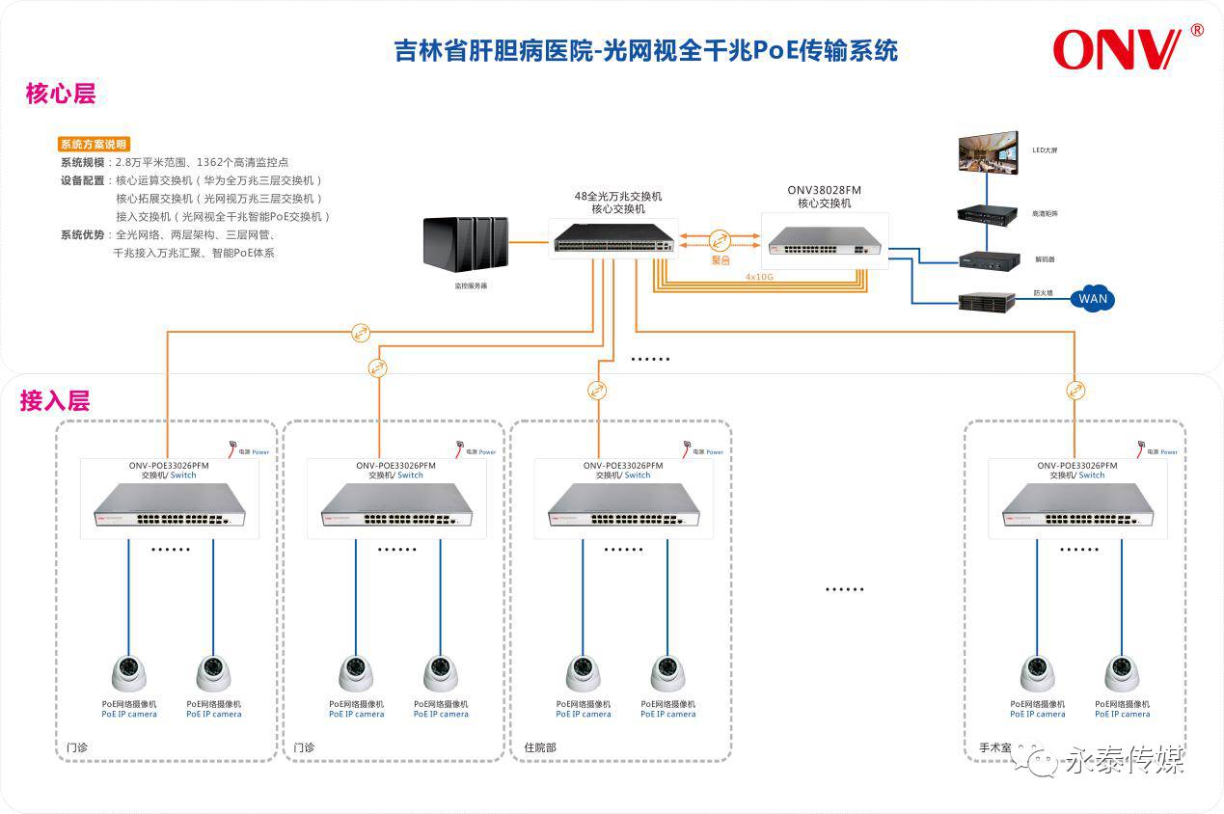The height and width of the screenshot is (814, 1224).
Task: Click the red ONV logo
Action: (1117, 49)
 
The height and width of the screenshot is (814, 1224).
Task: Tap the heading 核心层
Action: (61, 95)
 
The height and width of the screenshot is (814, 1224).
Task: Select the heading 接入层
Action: (55, 401)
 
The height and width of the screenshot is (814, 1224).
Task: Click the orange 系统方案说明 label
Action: (94, 145)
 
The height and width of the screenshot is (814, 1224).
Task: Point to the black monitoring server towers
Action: (465, 243)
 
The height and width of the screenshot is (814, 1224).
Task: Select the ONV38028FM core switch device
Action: (824, 240)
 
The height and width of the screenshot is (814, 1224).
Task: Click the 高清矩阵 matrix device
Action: (988, 214)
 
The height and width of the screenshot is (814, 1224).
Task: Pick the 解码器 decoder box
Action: (988, 259)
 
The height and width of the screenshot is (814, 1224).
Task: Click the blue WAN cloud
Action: (1093, 298)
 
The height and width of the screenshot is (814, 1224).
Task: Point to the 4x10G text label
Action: (759, 277)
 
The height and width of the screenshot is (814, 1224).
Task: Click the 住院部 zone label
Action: (540, 747)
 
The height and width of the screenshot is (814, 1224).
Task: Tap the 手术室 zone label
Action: (994, 747)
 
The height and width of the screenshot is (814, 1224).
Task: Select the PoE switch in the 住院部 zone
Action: (616, 504)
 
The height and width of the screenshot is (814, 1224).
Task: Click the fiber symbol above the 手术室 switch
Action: (1075, 391)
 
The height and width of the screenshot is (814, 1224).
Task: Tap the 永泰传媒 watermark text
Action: (1123, 762)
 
